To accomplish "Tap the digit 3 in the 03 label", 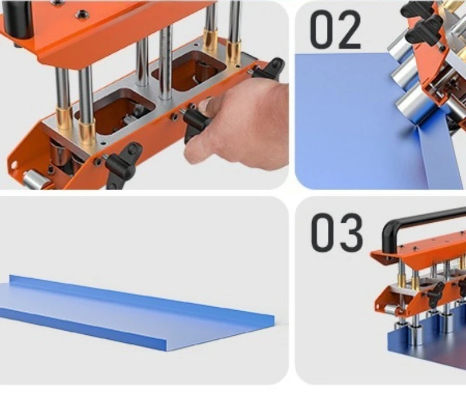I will pyautogui.click(x=348, y=233).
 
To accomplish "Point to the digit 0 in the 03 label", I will pyautogui.click(x=323, y=233).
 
